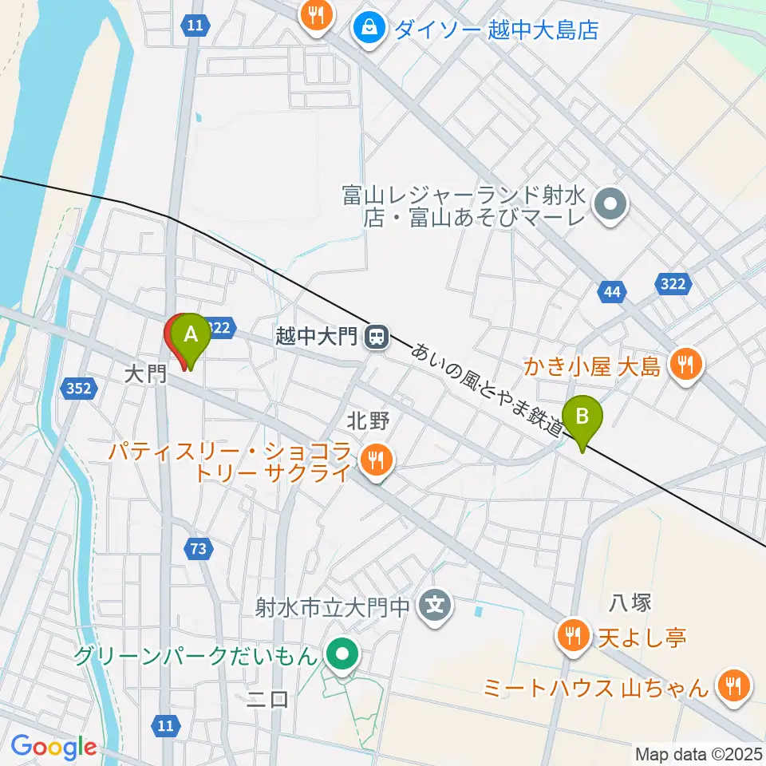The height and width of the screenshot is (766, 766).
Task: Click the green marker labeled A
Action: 191,336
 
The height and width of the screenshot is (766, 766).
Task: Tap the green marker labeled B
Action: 583,417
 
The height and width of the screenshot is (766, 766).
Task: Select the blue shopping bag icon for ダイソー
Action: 370,28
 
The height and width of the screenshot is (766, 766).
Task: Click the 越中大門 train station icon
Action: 375,337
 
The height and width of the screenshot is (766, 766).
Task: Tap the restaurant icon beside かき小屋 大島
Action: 685,365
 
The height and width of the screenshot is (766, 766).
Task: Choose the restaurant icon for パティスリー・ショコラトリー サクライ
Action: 373,460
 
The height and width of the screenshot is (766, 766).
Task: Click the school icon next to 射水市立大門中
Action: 435,606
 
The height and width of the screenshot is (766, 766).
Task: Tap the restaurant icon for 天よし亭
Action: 571,636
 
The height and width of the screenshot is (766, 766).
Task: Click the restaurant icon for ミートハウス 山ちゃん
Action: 731,684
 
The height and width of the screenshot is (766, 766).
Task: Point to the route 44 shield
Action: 611,293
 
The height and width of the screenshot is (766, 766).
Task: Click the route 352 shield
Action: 78,389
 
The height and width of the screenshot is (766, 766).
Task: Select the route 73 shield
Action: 199,548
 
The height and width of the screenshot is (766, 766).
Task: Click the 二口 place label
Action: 267,700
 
